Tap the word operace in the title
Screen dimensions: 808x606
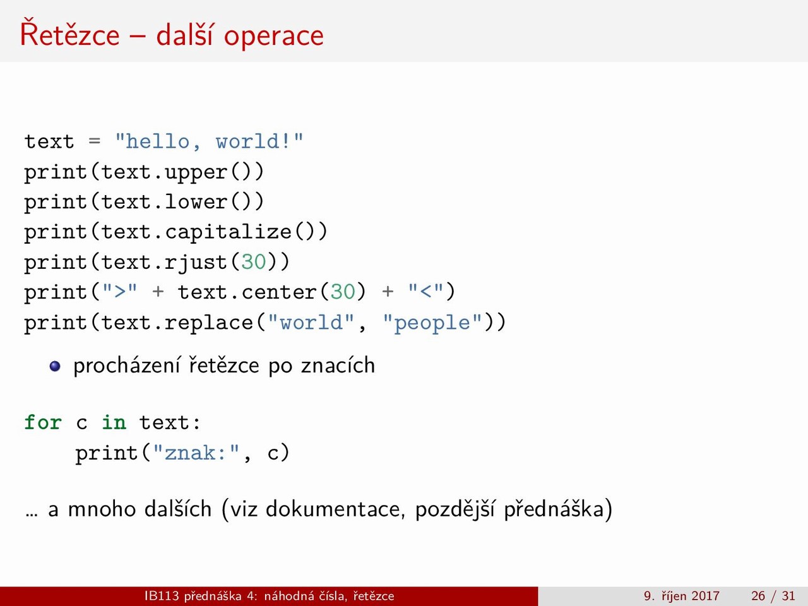click(274, 37)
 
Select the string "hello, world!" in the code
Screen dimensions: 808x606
click(209, 141)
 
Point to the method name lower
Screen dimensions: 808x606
click(196, 201)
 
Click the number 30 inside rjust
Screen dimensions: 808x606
click(254, 262)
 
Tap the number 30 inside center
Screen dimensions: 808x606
click(343, 292)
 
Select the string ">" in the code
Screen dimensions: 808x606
click(120, 291)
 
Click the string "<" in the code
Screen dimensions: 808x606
click(426, 291)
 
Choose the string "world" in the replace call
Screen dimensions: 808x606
click(311, 323)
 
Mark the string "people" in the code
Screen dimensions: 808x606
click(432, 323)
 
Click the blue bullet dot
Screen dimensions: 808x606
click(55, 366)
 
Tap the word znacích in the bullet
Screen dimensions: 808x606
click(338, 365)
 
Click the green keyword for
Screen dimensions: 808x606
click(43, 422)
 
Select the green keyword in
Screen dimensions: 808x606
click(114, 422)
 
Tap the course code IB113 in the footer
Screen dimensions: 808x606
click(162, 596)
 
